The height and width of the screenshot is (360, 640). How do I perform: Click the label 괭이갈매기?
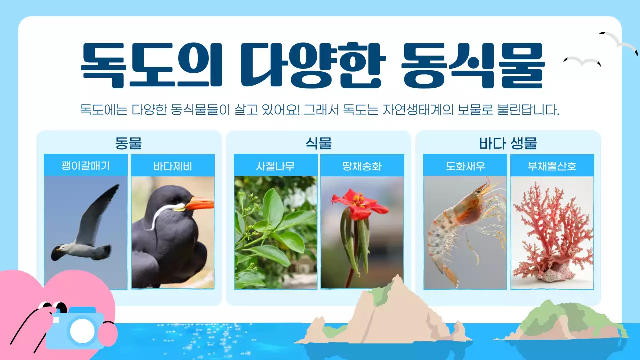tap(85, 166)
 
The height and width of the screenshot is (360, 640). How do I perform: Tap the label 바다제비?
tap(173, 166)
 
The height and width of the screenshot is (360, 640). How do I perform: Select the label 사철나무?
tap(275, 166)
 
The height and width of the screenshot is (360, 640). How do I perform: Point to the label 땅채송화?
tap(362, 166)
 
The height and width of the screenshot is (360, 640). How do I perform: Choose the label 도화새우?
tap(465, 166)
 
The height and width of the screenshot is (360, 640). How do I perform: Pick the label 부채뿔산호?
tap(552, 166)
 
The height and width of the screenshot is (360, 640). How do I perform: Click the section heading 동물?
tap(128, 143)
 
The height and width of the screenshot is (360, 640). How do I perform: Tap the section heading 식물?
tap(318, 143)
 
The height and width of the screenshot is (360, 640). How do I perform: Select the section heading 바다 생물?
tap(508, 143)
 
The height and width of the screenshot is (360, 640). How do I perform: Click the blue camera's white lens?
tap(82, 330)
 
